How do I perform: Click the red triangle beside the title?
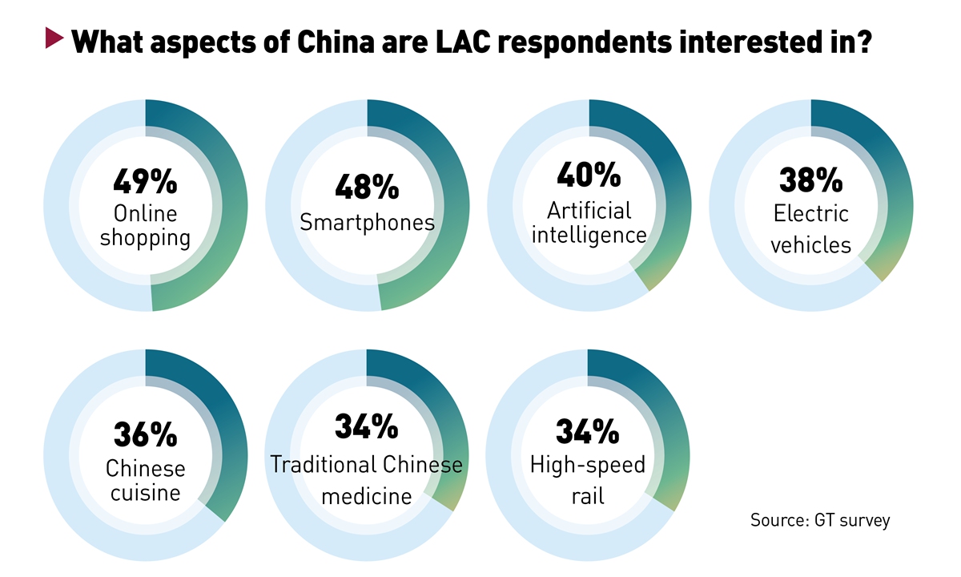click(54, 38)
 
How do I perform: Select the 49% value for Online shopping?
click(145, 182)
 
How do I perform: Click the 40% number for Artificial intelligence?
click(589, 173)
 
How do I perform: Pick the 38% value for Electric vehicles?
click(810, 180)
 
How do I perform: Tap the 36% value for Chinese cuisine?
click(145, 434)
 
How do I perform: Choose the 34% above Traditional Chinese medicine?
click(367, 427)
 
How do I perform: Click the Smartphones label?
click(367, 222)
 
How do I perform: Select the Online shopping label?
click(145, 226)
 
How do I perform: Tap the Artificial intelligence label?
click(589, 222)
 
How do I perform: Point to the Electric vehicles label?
click(810, 229)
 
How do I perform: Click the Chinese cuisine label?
click(145, 481)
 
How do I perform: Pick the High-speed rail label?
click(588, 480)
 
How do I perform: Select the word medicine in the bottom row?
click(367, 496)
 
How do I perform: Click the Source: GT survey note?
click(820, 520)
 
